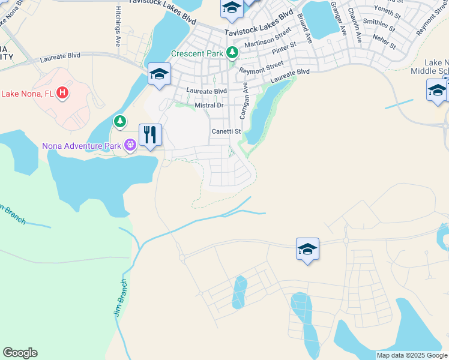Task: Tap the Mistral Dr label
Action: pyautogui.click(x=209, y=106)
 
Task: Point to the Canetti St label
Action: pyautogui.click(x=225, y=131)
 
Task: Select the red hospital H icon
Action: pyautogui.click(x=62, y=93)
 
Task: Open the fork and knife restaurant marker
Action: pyautogui.click(x=150, y=134)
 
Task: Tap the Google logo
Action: pyautogui.click(x=20, y=353)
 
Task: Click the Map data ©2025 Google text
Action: pyautogui.click(x=411, y=355)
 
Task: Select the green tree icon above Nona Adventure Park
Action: pyautogui.click(x=121, y=122)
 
